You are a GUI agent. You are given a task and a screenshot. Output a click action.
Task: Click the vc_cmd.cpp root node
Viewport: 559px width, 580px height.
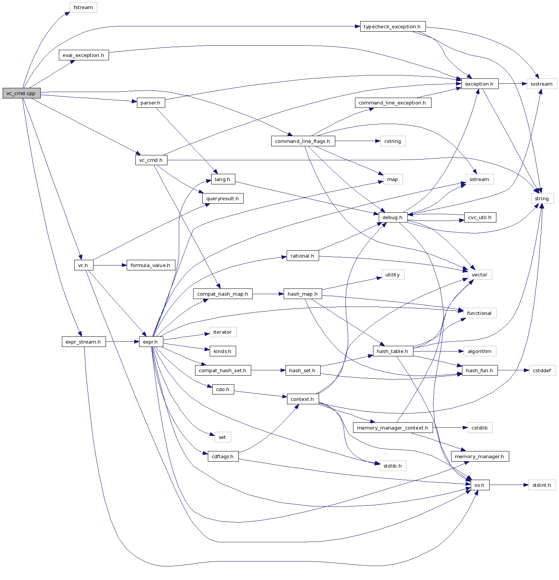point(21,93)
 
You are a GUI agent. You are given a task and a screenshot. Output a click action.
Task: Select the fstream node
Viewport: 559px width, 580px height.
point(83,7)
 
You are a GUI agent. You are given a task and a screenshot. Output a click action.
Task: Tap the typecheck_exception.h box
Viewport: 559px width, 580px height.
point(392,26)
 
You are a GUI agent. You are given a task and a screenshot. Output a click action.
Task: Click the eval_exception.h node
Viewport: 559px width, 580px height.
point(83,55)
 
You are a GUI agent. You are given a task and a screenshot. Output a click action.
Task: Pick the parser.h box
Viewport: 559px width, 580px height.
point(150,103)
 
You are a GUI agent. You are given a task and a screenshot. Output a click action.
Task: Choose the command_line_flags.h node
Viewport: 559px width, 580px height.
point(303,141)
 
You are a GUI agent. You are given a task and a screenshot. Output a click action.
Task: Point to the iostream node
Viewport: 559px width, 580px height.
point(542,84)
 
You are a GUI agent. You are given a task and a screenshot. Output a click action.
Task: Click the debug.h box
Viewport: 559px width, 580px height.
point(393,217)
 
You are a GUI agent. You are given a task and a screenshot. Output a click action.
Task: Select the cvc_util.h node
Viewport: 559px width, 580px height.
point(480,217)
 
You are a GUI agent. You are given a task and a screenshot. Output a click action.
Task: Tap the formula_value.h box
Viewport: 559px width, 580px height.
point(150,265)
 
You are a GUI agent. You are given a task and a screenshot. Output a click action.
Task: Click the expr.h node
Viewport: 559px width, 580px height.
point(150,342)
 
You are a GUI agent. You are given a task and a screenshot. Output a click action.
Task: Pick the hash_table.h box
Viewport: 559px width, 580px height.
point(393,351)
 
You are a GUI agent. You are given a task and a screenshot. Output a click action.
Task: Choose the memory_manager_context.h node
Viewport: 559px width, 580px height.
point(392,428)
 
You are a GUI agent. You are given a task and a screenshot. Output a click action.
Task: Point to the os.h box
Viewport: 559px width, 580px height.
point(479,485)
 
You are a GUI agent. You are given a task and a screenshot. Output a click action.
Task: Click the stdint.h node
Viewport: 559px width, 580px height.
point(542,485)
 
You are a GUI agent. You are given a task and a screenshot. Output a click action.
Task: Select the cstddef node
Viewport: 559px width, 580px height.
point(542,370)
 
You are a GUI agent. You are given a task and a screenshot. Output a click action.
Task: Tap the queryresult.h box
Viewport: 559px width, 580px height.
point(223,198)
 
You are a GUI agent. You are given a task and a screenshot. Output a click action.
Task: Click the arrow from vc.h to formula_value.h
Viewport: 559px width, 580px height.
point(110,265)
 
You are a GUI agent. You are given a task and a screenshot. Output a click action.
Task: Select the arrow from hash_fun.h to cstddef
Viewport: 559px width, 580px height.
point(513,370)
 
